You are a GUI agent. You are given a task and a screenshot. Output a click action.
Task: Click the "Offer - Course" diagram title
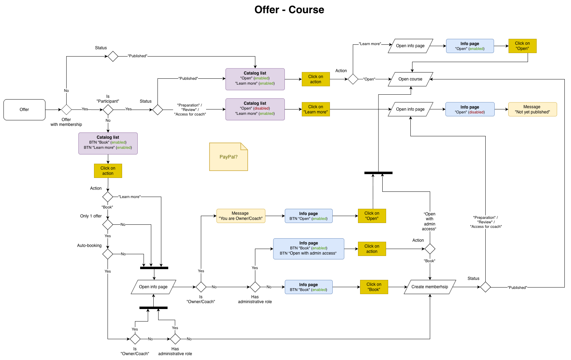(289, 10)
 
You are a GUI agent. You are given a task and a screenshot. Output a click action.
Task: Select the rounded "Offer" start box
(24, 110)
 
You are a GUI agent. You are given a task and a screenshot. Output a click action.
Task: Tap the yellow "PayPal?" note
(228, 157)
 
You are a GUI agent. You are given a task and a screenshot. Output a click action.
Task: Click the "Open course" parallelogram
(410, 79)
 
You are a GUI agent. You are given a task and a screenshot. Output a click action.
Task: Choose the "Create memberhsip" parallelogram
(429, 287)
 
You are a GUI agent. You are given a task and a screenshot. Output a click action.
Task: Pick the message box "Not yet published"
(532, 109)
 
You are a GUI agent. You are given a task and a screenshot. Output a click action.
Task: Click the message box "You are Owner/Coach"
(241, 216)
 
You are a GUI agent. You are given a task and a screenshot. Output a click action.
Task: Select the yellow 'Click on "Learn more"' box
(316, 109)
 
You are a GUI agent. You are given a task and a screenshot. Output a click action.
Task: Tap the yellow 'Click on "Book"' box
(374, 287)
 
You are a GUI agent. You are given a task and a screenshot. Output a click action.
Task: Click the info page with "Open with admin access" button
(308, 249)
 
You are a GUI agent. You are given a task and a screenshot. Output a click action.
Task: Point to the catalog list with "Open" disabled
(255, 109)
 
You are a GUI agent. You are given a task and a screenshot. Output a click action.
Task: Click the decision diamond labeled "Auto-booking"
(108, 254)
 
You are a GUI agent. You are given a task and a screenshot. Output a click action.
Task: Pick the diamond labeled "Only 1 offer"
(108, 224)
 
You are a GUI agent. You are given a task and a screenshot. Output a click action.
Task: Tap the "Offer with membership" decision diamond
(66, 110)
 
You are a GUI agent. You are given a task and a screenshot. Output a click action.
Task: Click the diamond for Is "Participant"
(108, 110)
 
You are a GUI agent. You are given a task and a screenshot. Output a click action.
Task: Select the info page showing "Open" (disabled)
(470, 109)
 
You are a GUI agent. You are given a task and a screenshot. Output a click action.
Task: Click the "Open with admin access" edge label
(429, 221)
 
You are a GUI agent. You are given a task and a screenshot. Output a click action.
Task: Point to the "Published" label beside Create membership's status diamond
(517, 288)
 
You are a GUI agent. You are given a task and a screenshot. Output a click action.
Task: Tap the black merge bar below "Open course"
(378, 173)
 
